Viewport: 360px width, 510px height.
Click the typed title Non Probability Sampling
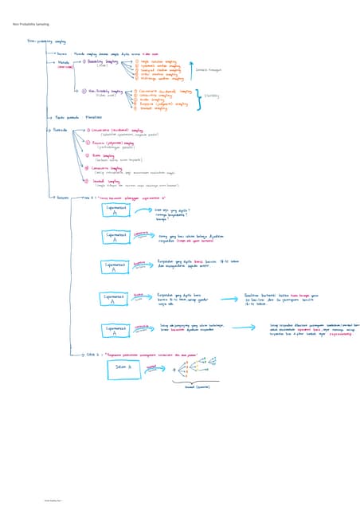(30, 25)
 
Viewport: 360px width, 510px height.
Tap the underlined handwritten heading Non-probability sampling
(46, 41)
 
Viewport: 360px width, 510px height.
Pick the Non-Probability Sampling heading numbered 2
(108, 93)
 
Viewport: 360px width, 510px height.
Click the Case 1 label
(90, 197)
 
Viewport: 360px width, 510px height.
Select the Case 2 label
(91, 354)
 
